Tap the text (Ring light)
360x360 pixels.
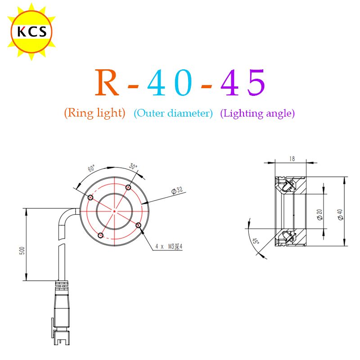click(x=94, y=113)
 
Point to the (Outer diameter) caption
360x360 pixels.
click(x=173, y=113)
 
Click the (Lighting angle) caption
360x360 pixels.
click(x=257, y=113)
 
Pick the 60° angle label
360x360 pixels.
click(x=91, y=169)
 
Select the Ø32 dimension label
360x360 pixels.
click(x=177, y=191)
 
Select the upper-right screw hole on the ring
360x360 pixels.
click(x=128, y=187)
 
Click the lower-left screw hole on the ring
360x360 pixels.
click(x=100, y=235)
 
